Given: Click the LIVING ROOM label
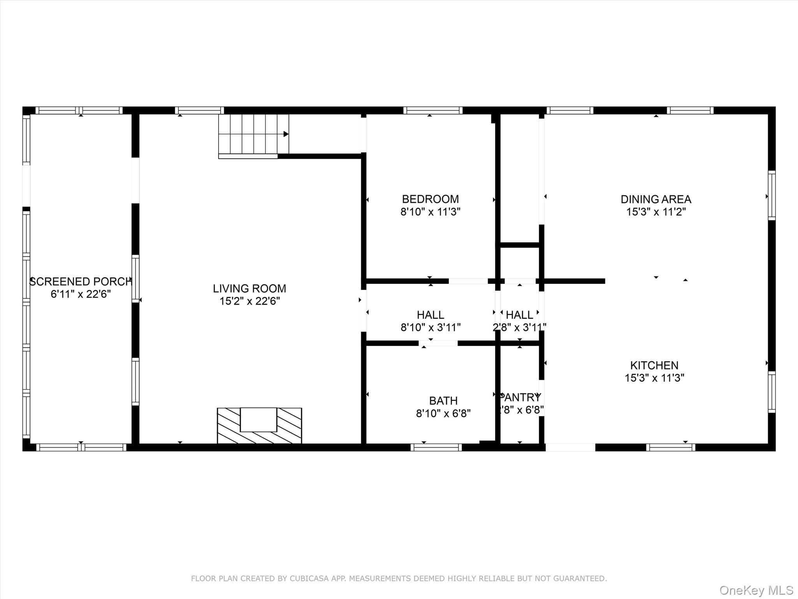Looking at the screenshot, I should pyautogui.click(x=249, y=289).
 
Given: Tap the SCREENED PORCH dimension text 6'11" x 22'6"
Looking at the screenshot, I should pyautogui.click(x=81, y=294).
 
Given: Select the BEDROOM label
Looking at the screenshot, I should pyautogui.click(x=430, y=199).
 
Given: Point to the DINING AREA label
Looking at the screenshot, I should pyautogui.click(x=656, y=199).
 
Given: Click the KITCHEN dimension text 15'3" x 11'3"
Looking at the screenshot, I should pyautogui.click(x=654, y=378).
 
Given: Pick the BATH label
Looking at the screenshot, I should pyautogui.click(x=443, y=401).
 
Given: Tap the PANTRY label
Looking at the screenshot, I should pyautogui.click(x=520, y=397).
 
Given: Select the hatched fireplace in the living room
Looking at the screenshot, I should pyautogui.click(x=259, y=425).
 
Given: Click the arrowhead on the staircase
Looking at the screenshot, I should pyautogui.click(x=286, y=134).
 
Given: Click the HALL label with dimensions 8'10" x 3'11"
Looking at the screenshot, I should pyautogui.click(x=430, y=315).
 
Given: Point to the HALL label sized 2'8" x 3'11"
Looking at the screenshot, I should pyautogui.click(x=519, y=315).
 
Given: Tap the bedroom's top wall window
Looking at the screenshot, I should pyautogui.click(x=433, y=110).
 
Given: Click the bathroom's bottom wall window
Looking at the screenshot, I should pyautogui.click(x=436, y=447).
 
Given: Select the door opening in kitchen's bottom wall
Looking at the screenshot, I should pyautogui.click(x=570, y=447).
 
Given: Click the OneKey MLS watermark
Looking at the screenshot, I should pyautogui.click(x=756, y=590).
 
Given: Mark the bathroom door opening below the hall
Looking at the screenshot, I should pyautogui.click(x=438, y=343).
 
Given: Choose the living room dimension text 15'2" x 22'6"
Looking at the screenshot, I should pyautogui.click(x=249, y=301).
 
